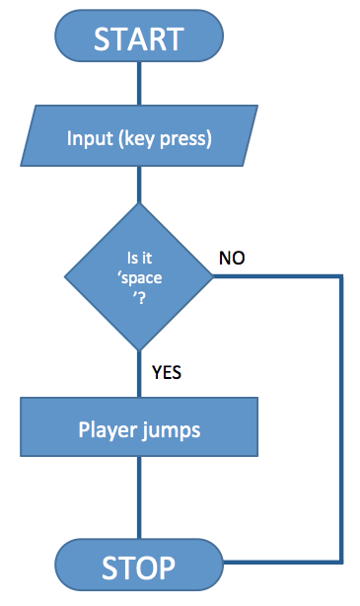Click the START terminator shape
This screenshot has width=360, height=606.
tap(139, 38)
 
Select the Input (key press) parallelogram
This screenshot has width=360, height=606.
tap(139, 138)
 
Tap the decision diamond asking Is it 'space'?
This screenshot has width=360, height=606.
tap(139, 276)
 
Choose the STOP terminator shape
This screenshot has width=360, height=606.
tap(139, 567)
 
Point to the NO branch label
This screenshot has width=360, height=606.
tap(232, 259)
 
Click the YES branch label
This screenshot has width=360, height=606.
tap(167, 373)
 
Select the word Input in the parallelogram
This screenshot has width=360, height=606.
tap(90, 138)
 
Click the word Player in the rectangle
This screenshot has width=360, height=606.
tap(106, 430)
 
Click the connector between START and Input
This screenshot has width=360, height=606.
tap(139, 83)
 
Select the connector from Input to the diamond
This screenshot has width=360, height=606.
tap(139, 185)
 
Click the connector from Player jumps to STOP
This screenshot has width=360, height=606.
tap(139, 503)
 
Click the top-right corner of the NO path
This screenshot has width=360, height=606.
tap(342, 277)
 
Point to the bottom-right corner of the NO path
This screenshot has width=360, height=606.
tap(342, 563)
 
